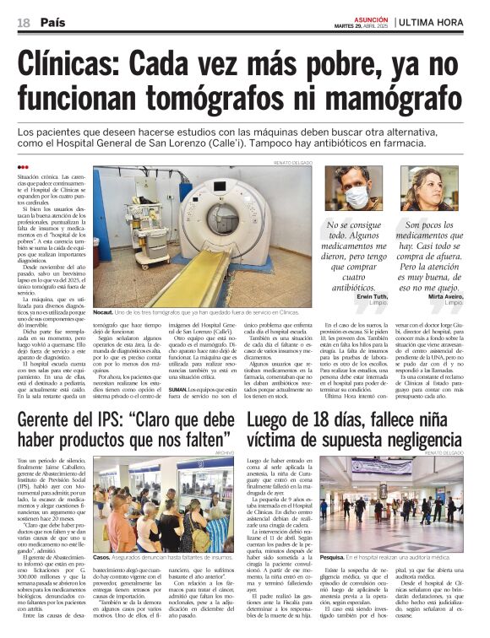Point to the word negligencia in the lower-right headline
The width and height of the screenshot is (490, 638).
click(417, 441)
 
